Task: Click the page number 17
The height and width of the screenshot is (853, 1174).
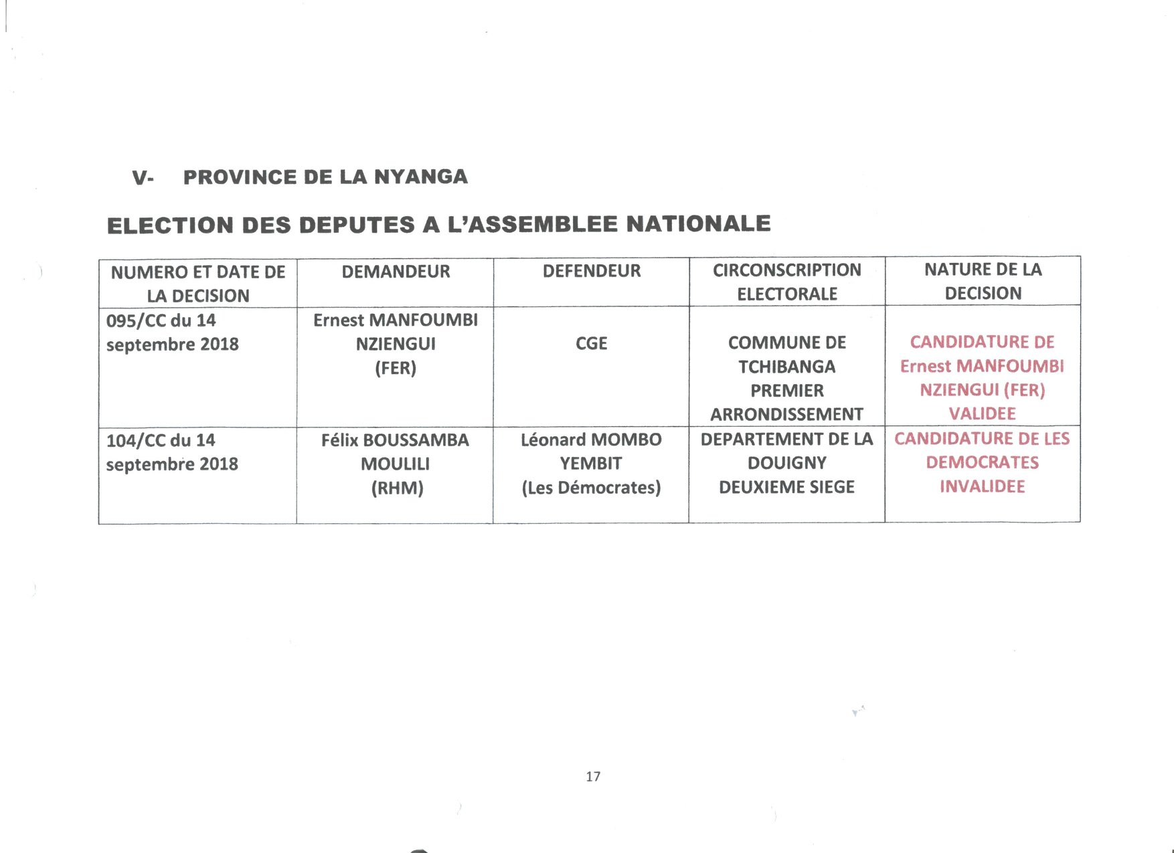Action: pyautogui.click(x=593, y=777)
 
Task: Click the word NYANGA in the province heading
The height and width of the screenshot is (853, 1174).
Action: pyautogui.click(x=420, y=177)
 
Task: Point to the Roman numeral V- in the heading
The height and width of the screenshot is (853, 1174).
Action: pyautogui.click(x=143, y=178)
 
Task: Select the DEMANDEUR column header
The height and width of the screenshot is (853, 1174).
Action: pyautogui.click(x=396, y=272)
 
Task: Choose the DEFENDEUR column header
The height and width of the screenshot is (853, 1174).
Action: pyautogui.click(x=592, y=271)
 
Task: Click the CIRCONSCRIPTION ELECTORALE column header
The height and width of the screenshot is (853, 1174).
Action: pyautogui.click(x=786, y=282)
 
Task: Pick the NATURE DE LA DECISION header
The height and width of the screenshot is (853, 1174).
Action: pyautogui.click(x=983, y=281)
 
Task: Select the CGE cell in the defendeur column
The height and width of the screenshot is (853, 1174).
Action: pyautogui.click(x=592, y=344)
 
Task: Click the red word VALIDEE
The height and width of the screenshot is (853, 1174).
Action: pyautogui.click(x=982, y=413)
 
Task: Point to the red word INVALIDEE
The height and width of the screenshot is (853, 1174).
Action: pyautogui.click(x=982, y=486)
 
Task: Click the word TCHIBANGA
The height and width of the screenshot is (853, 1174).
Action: pyautogui.click(x=786, y=367)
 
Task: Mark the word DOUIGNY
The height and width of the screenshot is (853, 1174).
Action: pyautogui.click(x=786, y=463)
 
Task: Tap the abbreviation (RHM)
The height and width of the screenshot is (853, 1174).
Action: pyautogui.click(x=397, y=488)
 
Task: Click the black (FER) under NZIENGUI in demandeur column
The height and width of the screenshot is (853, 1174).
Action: pyautogui.click(x=396, y=368)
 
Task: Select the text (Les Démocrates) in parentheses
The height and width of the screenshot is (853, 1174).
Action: pyautogui.click(x=591, y=488)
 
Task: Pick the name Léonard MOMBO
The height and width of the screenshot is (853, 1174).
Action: pyautogui.click(x=591, y=440)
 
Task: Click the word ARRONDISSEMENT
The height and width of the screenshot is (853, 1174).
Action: pyautogui.click(x=786, y=415)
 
